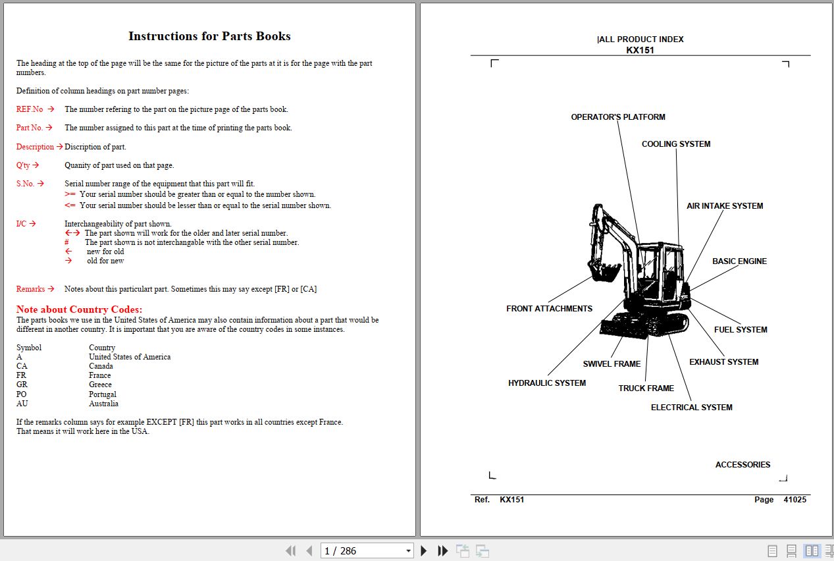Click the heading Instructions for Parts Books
tap(209, 36)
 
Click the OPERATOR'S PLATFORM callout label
tap(617, 117)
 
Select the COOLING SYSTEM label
tap(675, 144)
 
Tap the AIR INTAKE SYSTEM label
tap(724, 206)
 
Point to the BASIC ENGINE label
tap(739, 261)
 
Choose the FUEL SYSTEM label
tap(740, 330)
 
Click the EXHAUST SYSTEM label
tap(723, 362)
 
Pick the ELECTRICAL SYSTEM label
tap(691, 408)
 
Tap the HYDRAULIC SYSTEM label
tap(546, 383)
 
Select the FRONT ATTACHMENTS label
tap(549, 309)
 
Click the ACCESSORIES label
tap(742, 465)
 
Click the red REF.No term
tap(30, 109)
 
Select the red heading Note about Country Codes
tap(79, 309)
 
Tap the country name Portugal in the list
tap(103, 394)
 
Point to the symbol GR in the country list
tap(22, 385)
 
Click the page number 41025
tap(794, 500)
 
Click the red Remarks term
tap(30, 289)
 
